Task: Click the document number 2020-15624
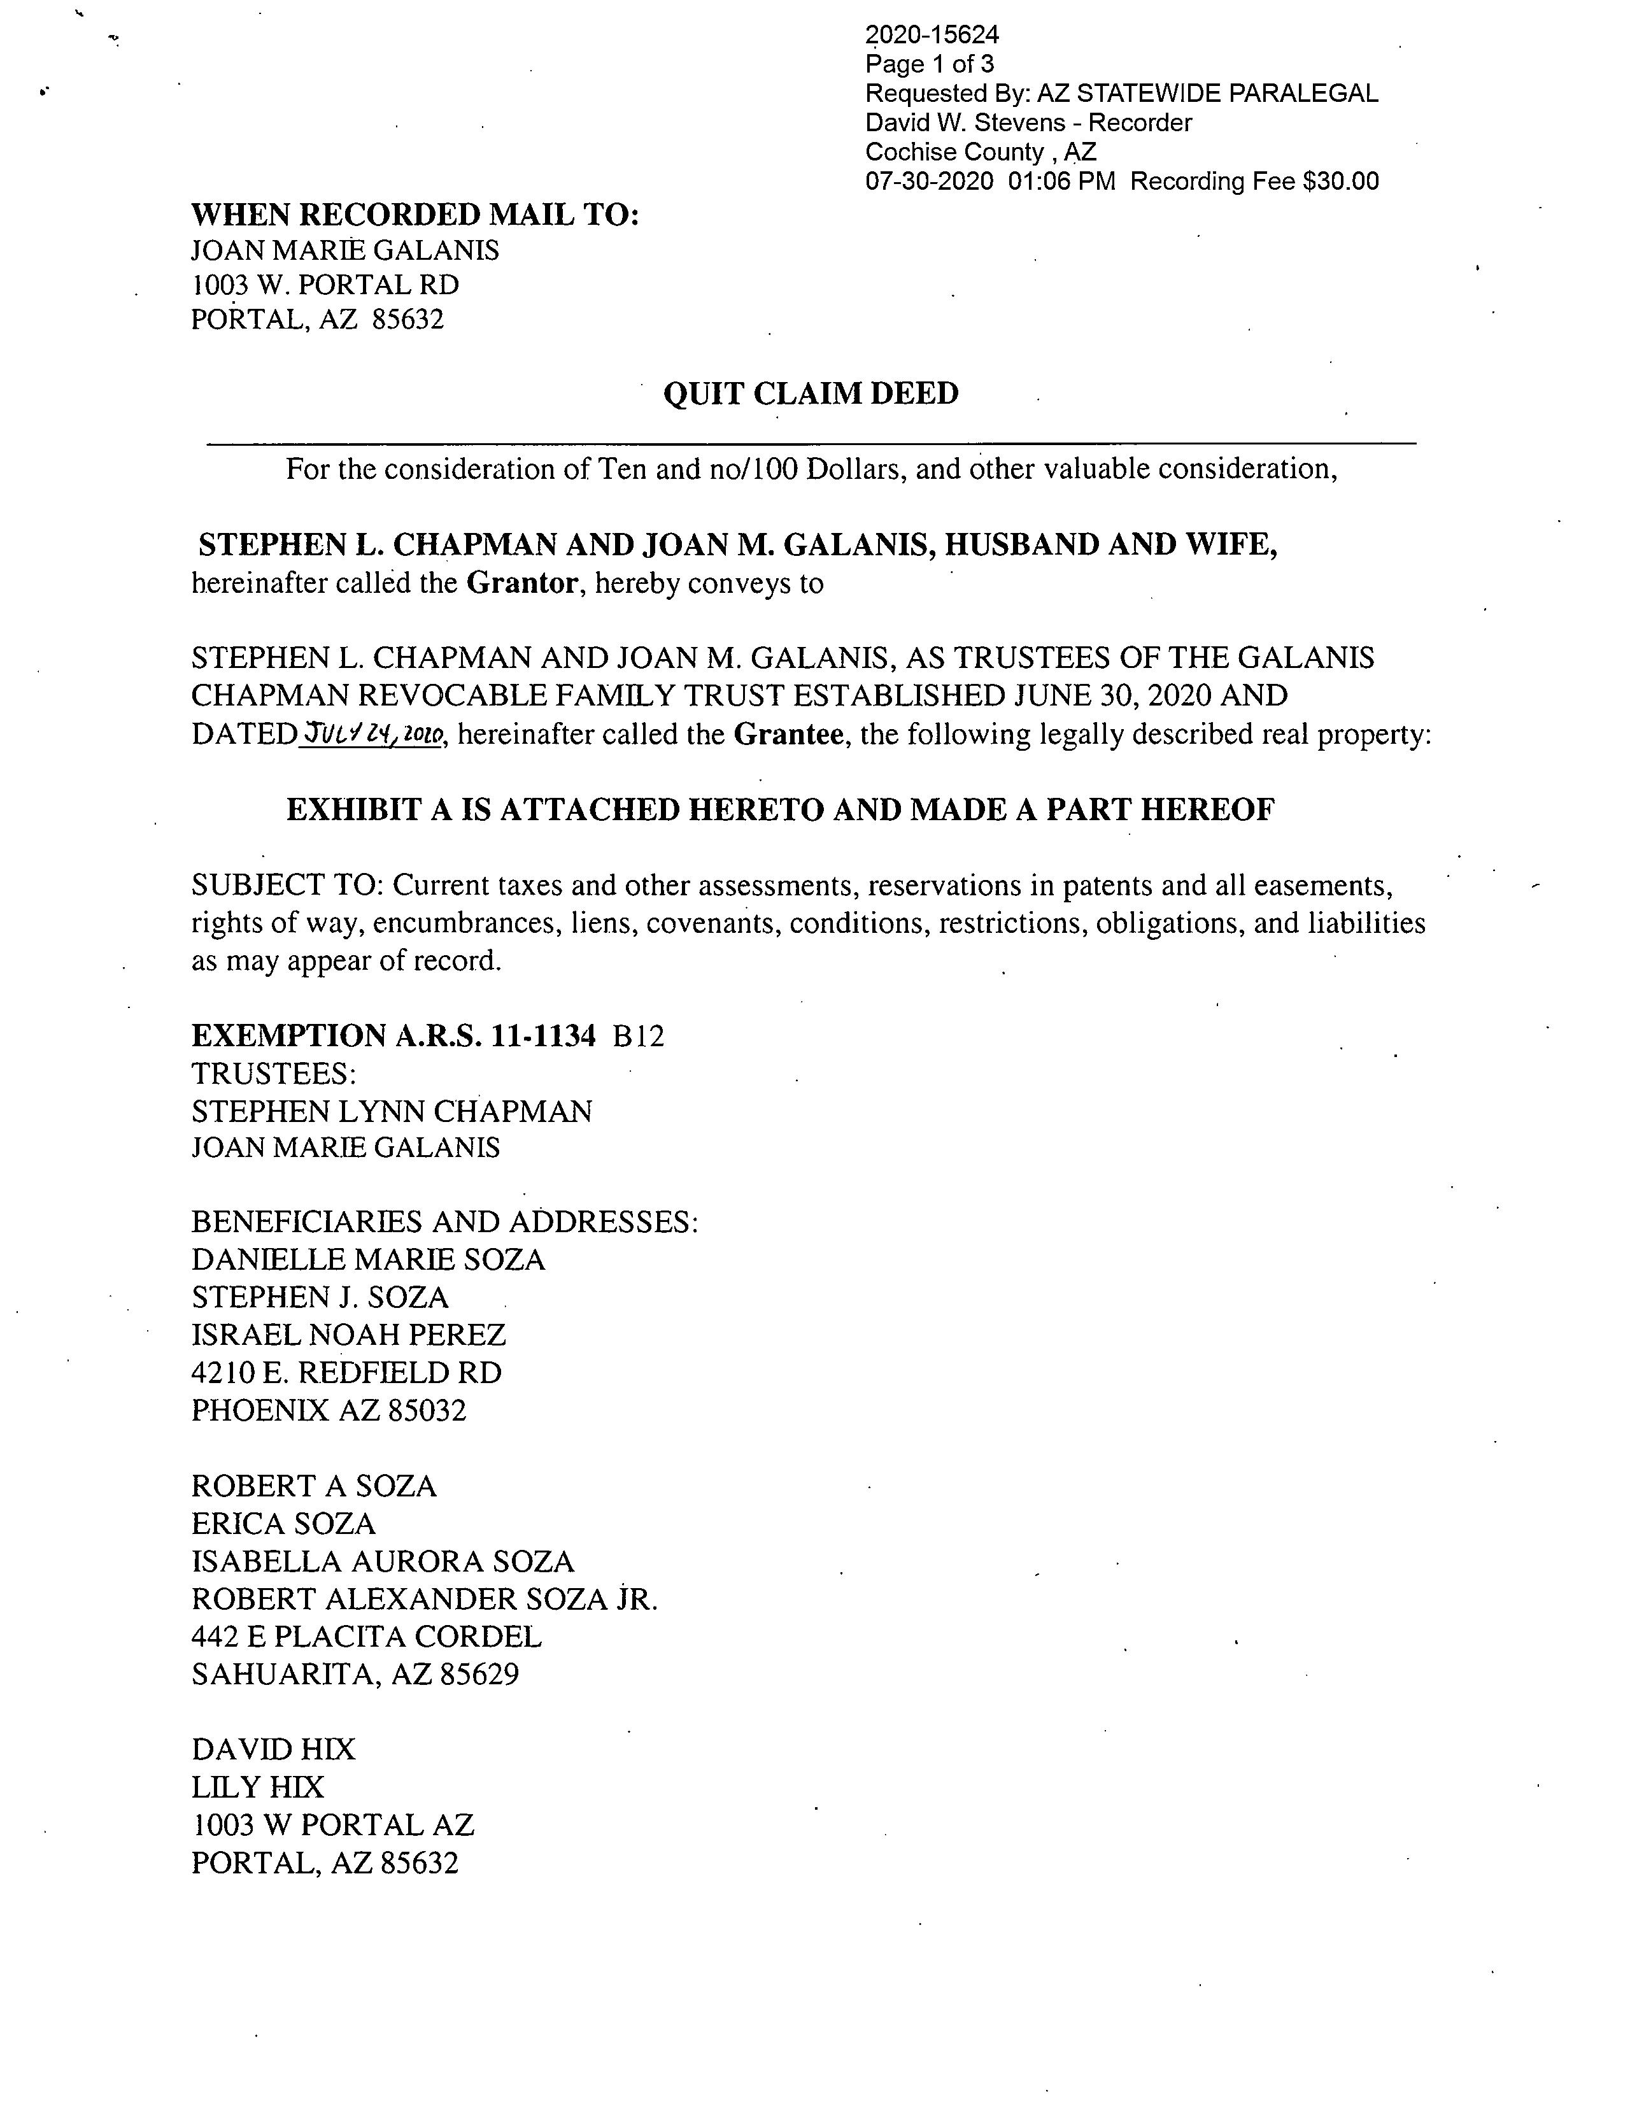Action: click(932, 36)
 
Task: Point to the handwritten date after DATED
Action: click(372, 735)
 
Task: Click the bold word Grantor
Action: click(522, 583)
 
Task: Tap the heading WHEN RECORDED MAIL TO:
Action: click(415, 215)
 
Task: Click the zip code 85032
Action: click(426, 1411)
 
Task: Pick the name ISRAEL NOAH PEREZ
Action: click(348, 1335)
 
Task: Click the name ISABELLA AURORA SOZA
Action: click(383, 1561)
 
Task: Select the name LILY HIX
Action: click(258, 1787)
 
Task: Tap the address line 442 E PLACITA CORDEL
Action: click(367, 1637)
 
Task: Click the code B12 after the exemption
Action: click(638, 1036)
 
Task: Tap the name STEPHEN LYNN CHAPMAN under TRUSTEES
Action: click(391, 1111)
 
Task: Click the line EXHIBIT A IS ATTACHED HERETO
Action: click(780, 809)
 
